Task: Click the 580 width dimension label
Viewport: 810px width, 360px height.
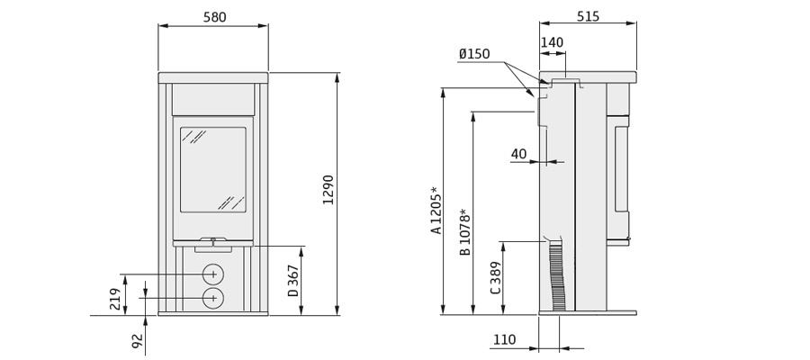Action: (214, 17)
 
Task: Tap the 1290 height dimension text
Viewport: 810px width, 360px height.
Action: (328, 190)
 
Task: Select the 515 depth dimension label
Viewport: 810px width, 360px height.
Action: (588, 16)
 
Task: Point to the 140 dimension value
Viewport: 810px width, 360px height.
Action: (553, 42)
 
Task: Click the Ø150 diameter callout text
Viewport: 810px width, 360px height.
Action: (474, 54)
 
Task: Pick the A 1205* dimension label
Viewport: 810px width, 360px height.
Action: (437, 211)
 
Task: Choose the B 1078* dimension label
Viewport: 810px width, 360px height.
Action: (465, 232)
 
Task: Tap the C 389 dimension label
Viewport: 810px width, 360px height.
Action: (495, 279)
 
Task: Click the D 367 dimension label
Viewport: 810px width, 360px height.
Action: (293, 281)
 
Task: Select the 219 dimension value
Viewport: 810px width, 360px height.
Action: (116, 299)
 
